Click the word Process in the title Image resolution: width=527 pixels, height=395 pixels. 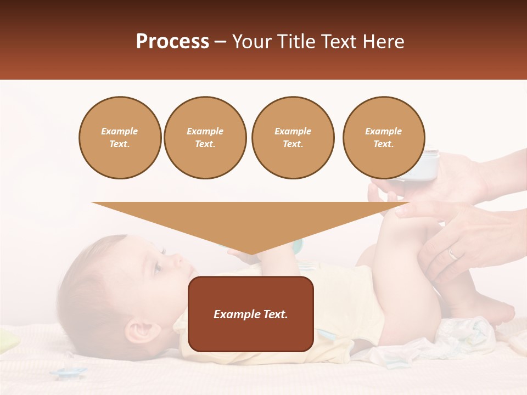tap(172, 42)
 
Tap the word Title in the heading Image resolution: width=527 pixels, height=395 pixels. tap(296, 42)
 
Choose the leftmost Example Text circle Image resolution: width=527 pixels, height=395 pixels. tap(120, 138)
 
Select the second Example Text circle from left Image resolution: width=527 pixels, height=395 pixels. tap(205, 138)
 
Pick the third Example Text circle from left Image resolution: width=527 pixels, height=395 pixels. tap(293, 138)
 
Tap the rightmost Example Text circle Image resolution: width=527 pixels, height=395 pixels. tap(383, 138)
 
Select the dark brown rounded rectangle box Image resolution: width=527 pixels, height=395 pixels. tap(251, 314)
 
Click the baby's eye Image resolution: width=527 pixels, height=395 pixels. tap(158, 268)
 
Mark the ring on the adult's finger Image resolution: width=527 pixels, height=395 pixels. tap(452, 253)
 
